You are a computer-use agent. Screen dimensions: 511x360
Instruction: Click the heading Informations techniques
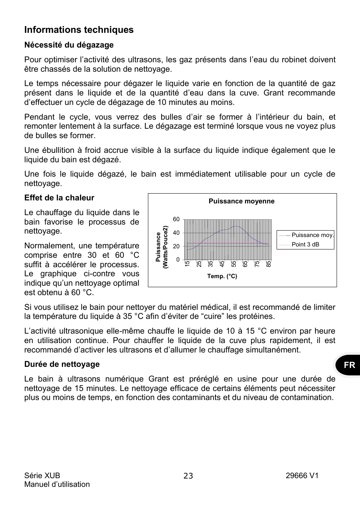tap(79, 30)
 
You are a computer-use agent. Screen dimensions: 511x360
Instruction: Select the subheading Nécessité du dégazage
tap(69, 45)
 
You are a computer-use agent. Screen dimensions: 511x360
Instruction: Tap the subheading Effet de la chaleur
tap(59, 198)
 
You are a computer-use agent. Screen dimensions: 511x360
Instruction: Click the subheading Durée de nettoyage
tap(62, 364)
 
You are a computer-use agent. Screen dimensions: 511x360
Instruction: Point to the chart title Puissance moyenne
tap(242, 201)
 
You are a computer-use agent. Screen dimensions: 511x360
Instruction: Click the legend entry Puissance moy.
tap(312, 235)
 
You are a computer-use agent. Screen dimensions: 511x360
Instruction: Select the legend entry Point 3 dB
tap(305, 244)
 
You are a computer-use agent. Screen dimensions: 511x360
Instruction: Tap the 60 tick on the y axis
tap(176, 219)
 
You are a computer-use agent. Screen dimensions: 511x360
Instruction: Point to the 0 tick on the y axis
tap(178, 260)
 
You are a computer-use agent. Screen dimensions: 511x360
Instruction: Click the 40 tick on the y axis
tap(176, 233)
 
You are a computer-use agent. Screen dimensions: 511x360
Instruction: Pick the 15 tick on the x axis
tap(187, 264)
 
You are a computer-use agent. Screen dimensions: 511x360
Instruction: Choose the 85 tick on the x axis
tap(269, 264)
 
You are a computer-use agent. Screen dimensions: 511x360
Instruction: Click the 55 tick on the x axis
tap(234, 264)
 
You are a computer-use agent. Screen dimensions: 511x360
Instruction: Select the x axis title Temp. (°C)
tap(222, 276)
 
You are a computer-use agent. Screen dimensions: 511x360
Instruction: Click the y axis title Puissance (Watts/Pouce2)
tap(162, 247)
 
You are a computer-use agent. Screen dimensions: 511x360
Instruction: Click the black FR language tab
tap(349, 365)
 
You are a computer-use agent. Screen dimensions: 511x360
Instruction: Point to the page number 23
tap(188, 476)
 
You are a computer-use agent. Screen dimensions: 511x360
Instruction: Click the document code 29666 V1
tap(302, 476)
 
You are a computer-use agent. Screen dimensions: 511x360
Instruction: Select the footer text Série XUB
tap(42, 476)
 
